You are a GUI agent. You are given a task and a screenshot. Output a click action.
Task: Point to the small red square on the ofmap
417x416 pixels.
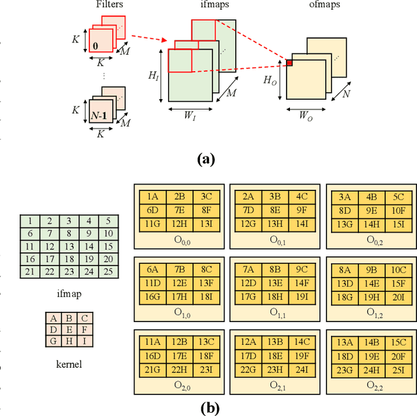point(289,63)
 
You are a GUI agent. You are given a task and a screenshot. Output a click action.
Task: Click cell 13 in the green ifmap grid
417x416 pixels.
point(68,247)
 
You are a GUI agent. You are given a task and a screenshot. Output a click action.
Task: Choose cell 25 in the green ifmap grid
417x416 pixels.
point(109,271)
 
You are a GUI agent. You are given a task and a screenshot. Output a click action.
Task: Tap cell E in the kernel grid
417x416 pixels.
point(68,330)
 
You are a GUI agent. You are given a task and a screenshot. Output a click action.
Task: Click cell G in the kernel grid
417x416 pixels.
point(53,341)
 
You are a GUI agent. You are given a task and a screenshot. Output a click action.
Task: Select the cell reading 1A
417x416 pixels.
point(152,196)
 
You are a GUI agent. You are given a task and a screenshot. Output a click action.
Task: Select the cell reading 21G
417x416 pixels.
point(152,370)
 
